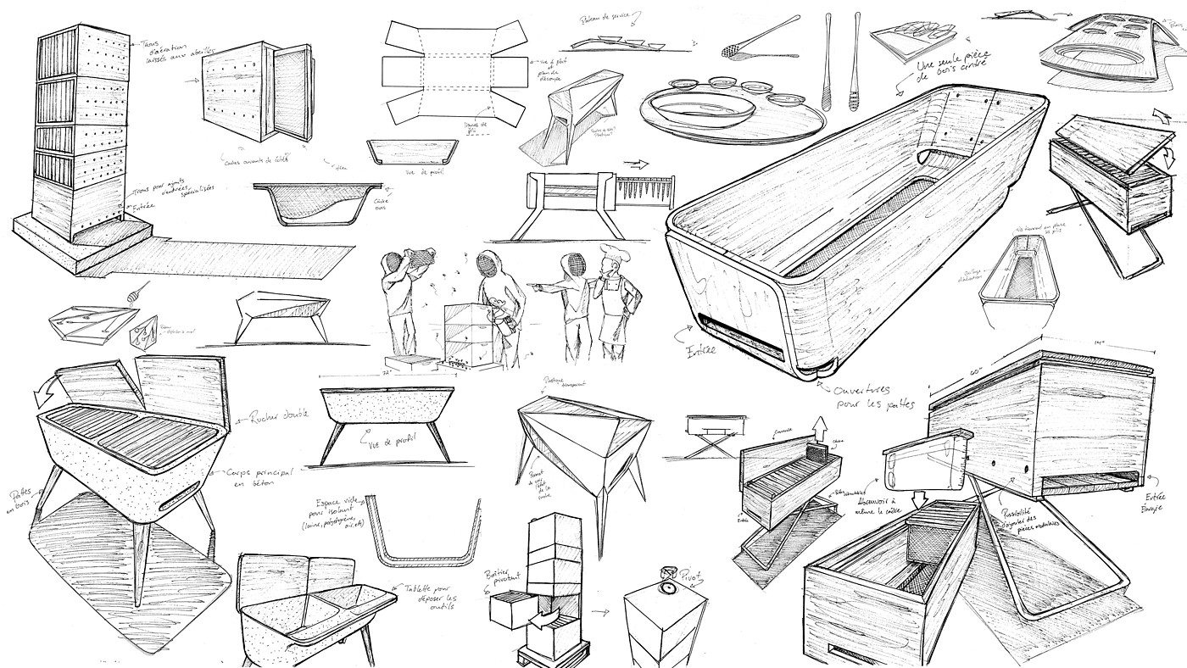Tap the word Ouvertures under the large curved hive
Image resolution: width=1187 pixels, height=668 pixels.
point(865,392)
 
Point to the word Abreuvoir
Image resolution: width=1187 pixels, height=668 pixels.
point(874,502)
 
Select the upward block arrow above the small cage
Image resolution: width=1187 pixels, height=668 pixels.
point(819,426)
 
